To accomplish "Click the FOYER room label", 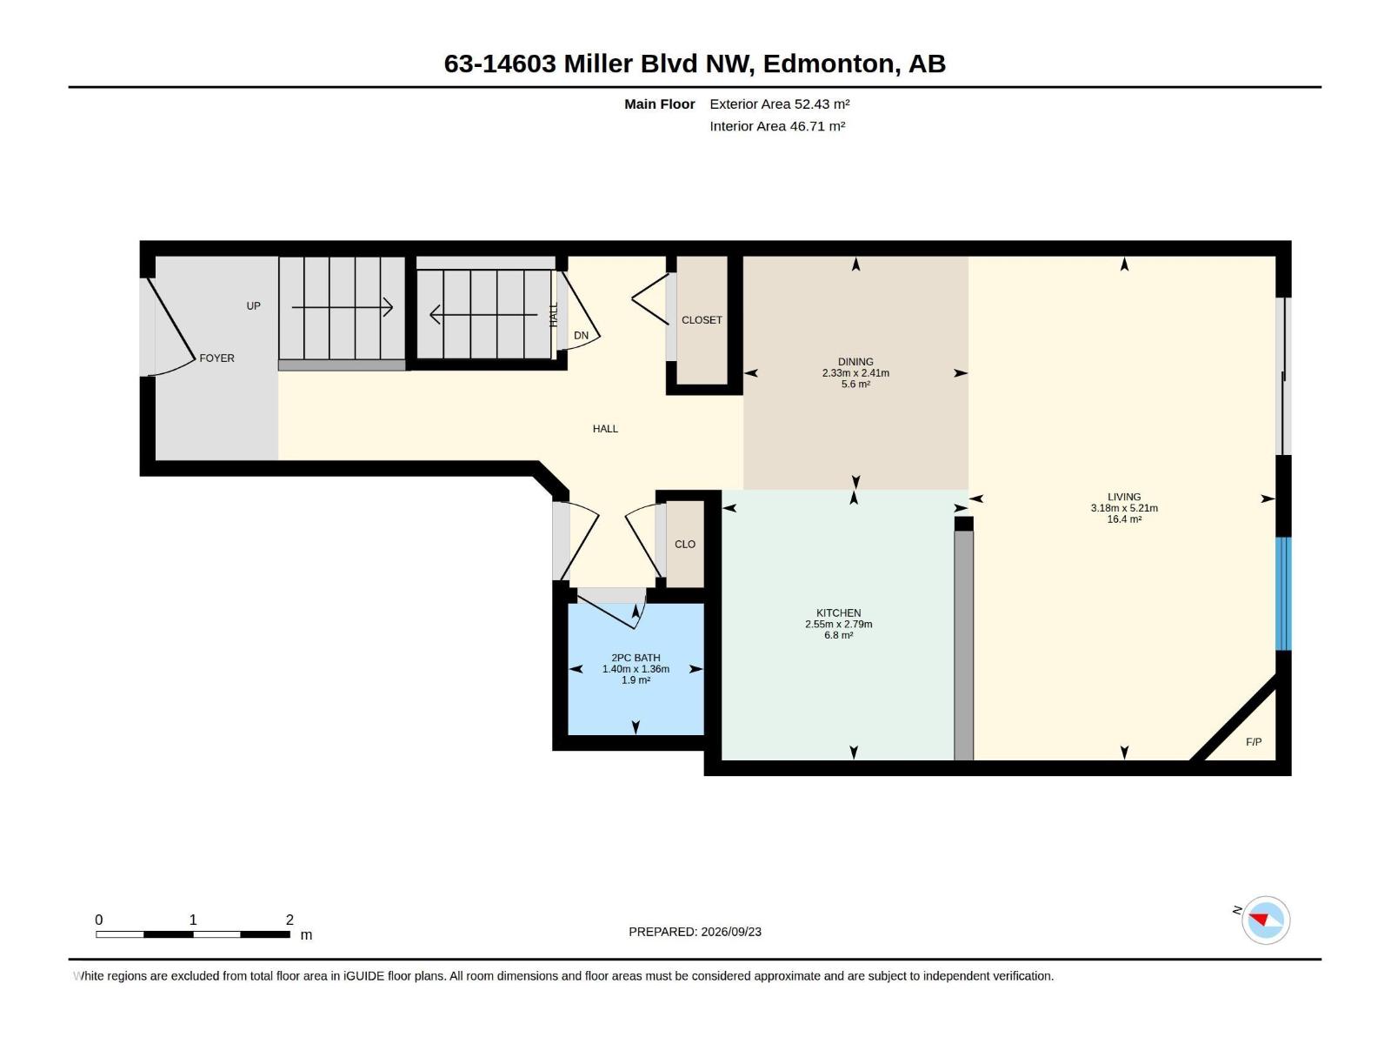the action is [x=216, y=358].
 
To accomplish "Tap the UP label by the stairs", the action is [x=253, y=306].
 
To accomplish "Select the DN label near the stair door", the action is [x=581, y=335].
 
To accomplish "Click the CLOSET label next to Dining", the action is [x=702, y=320].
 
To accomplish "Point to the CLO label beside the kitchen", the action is [x=684, y=544].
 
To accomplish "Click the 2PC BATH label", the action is [x=635, y=658].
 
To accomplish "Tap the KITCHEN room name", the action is [x=838, y=613].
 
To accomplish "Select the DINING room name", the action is [x=855, y=362].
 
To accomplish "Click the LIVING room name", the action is [x=1123, y=497].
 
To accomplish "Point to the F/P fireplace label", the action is [x=1253, y=741].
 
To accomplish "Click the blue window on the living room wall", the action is [x=1282, y=593].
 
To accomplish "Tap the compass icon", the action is [x=1265, y=920].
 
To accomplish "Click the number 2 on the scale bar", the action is [x=290, y=920].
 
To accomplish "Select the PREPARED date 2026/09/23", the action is [x=730, y=932].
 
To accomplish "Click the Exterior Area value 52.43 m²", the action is [x=822, y=104].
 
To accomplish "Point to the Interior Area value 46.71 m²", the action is [x=817, y=126].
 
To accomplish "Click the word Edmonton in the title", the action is [x=829, y=64].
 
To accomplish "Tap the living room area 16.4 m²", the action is [x=1123, y=519].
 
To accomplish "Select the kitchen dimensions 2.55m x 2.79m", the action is [x=838, y=625].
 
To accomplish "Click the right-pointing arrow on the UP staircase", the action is [x=343, y=308].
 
